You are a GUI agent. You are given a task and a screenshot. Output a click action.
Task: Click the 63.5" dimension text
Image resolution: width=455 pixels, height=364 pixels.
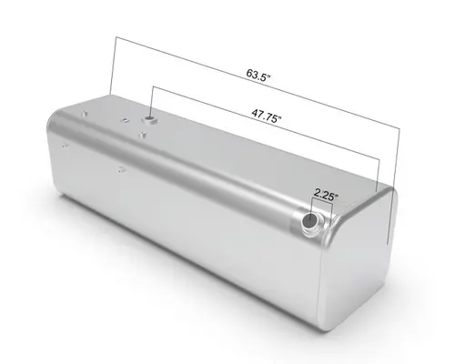(x=258, y=73)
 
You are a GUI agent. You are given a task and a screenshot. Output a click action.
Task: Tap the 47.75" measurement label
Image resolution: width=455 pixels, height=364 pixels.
(x=267, y=116)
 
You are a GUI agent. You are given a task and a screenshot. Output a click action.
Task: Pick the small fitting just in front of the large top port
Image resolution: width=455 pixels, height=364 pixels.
(x=143, y=136)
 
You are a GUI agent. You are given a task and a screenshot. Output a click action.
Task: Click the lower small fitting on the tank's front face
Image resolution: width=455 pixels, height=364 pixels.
(x=119, y=167)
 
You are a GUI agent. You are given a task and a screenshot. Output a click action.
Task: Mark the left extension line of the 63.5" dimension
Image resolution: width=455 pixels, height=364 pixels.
(x=113, y=64)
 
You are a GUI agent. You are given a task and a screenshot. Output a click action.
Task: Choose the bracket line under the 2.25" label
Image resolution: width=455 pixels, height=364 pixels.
(x=325, y=204)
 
